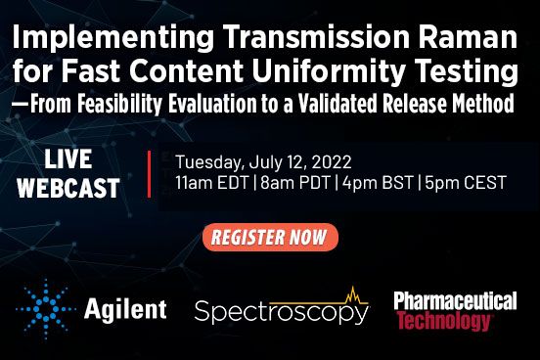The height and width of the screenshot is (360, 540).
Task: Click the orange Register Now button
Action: pyautogui.click(x=270, y=237)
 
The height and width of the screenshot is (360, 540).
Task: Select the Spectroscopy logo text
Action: pyautogui.click(x=280, y=312)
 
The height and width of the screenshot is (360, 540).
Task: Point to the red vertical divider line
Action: pyautogui.click(x=149, y=173)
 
